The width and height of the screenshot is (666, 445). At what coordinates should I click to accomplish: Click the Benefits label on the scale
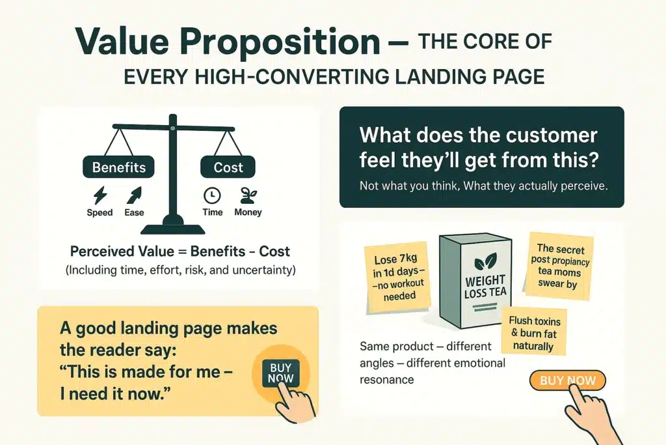click(x=118, y=167)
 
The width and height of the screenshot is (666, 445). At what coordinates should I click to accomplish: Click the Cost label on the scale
click(x=228, y=167)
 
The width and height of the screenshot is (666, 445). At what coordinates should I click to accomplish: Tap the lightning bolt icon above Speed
click(x=100, y=195)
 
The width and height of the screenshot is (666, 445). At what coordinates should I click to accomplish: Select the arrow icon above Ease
click(x=134, y=195)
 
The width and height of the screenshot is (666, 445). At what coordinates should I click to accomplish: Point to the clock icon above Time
click(x=212, y=195)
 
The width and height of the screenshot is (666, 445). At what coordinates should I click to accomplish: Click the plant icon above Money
click(x=248, y=195)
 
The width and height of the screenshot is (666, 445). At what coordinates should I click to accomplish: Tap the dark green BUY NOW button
click(x=281, y=373)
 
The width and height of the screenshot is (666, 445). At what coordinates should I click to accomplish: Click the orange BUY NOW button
click(x=567, y=380)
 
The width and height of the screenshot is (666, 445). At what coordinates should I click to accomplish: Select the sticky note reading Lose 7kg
click(x=398, y=278)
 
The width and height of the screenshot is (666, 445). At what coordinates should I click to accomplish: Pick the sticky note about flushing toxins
click(x=535, y=331)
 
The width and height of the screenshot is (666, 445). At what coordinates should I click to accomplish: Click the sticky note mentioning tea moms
click(x=559, y=266)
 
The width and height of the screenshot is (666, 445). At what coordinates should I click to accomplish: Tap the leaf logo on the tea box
click(x=485, y=261)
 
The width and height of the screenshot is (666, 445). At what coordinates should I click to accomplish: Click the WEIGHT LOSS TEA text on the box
click(x=485, y=287)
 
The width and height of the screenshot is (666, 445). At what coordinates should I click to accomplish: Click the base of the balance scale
click(x=173, y=229)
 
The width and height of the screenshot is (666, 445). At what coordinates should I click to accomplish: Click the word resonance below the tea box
click(x=386, y=380)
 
